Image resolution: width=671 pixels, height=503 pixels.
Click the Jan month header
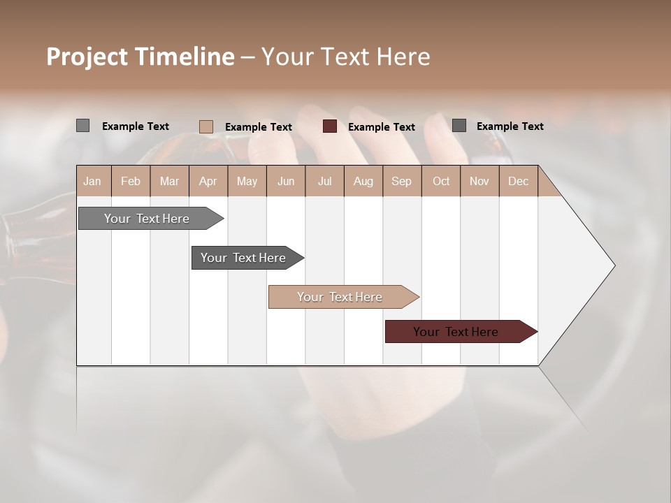92,182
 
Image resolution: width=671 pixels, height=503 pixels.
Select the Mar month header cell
169,182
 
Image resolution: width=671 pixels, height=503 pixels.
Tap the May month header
247,182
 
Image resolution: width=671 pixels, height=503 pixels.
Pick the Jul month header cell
324,182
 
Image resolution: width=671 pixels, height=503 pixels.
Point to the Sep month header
401,182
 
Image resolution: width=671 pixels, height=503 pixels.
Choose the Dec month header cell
518,182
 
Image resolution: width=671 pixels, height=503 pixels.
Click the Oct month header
441,182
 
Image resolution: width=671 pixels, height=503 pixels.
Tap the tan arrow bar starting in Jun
340,297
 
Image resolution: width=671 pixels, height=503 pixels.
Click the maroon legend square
330,126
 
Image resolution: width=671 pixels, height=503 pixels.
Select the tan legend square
206,126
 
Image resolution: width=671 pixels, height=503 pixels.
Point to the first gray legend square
82,126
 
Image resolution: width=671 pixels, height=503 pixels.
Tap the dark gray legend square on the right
459,126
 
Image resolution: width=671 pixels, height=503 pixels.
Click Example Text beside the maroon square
382,127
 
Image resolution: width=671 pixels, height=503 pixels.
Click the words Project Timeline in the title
140,57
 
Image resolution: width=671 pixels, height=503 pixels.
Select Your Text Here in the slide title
346,57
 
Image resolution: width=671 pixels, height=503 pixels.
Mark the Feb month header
131,182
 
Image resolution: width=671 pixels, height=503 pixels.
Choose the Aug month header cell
363,182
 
